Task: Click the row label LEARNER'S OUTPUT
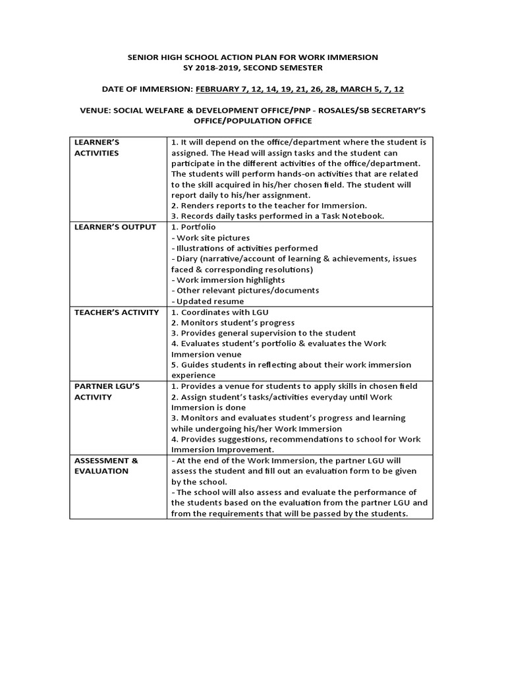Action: coord(115,227)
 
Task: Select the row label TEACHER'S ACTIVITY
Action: coord(117,312)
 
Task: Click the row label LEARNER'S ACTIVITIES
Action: coord(97,148)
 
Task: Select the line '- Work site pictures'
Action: coord(210,238)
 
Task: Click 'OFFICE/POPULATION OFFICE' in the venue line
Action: coord(252,121)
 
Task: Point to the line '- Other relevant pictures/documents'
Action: coord(244,291)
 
